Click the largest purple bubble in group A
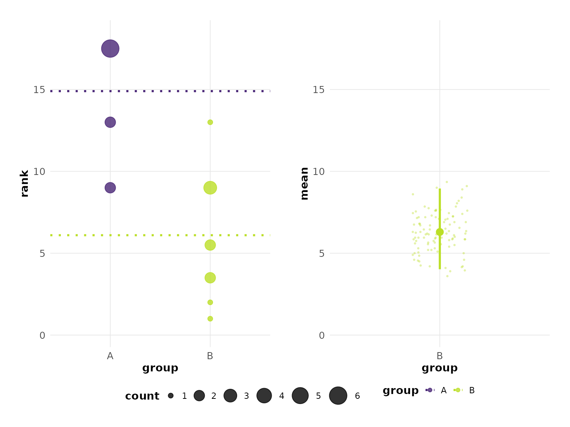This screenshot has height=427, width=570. [x=110, y=49]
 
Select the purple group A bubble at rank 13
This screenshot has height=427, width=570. [x=110, y=122]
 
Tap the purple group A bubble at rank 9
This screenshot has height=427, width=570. [x=110, y=188]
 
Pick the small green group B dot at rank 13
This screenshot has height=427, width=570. [x=210, y=122]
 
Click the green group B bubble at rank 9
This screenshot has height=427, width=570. [x=210, y=188]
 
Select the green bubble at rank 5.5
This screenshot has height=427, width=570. [x=210, y=245]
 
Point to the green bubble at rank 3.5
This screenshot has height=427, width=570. [x=210, y=278]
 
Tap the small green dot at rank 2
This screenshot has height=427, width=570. [x=210, y=302]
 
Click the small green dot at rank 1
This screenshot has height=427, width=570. [x=210, y=319]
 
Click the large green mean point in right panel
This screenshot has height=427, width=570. [x=440, y=232]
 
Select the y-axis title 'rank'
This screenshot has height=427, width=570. [x=24, y=183]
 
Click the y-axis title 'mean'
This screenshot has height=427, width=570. [x=304, y=183]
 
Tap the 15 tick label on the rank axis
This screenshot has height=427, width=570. [x=39, y=90]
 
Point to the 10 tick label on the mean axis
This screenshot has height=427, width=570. [x=318, y=172]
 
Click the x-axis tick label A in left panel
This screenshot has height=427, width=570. [x=110, y=356]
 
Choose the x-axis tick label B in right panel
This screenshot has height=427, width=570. [x=440, y=356]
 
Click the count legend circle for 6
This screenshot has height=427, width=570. [x=338, y=395]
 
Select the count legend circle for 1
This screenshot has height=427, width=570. [x=171, y=395]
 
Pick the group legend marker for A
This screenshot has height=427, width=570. [x=430, y=390]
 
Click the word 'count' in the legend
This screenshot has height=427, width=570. [x=142, y=396]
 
